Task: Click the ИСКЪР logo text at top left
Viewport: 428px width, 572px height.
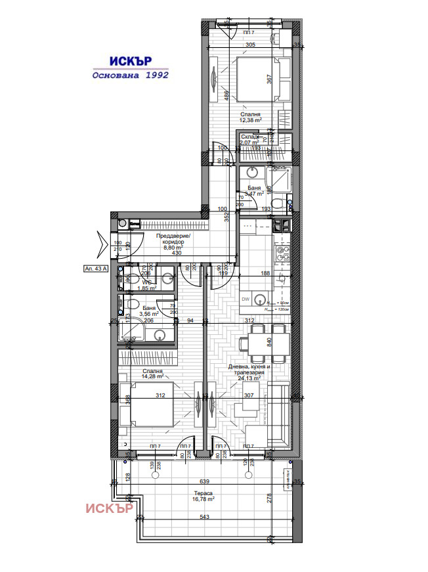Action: tap(130, 60)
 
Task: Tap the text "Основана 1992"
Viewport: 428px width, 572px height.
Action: tap(130, 75)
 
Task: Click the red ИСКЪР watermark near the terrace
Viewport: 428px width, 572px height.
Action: tap(110, 508)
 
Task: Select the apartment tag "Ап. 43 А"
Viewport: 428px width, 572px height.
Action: tap(96, 268)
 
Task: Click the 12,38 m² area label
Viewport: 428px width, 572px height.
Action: tap(250, 120)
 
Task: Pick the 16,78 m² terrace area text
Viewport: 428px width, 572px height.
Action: tap(203, 498)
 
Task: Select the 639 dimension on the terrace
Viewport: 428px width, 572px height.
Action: tap(204, 481)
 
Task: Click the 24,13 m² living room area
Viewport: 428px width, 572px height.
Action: tap(249, 378)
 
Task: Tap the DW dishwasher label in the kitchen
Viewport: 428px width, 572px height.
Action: tap(245, 299)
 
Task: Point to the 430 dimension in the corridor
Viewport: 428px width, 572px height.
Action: tap(177, 253)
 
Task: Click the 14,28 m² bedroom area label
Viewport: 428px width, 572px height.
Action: tap(151, 376)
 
